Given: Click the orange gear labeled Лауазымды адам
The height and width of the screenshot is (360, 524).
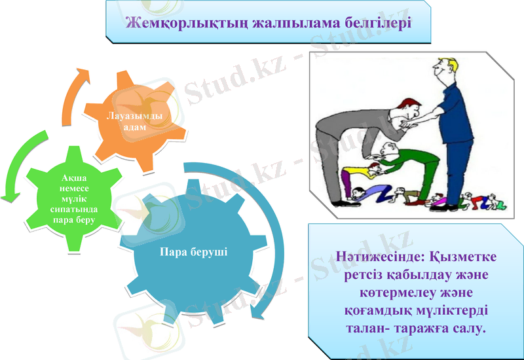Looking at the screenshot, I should click(134, 120).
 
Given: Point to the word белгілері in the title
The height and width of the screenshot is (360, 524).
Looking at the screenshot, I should click(379, 24).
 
